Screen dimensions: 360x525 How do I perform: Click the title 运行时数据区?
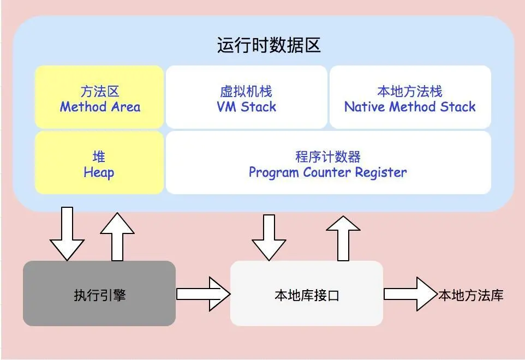coord(269,46)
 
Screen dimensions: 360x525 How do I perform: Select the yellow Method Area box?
coord(99,97)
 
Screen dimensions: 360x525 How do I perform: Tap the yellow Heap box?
coord(99,163)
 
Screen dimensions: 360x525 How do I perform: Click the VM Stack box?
coord(246,97)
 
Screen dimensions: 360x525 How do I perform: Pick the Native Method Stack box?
coord(410,97)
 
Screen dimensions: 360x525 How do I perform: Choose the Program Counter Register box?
coord(328,163)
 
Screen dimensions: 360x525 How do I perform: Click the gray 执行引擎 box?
coord(99,293)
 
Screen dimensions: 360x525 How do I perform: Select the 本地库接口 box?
coord(307,293)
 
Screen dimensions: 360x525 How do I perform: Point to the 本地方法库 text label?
coord(470,296)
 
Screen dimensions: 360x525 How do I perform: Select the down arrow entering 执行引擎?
coord(67,235)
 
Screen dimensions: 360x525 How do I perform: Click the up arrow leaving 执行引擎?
coord(117,236)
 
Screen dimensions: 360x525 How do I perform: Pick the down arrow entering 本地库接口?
coord(269,237)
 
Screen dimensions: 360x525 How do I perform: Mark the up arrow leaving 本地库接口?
coord(343,237)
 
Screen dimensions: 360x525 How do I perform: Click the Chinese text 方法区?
coord(99,91)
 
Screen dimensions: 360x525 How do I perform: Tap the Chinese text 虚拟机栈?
coord(246,91)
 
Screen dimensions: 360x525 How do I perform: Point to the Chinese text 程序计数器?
coord(328,157)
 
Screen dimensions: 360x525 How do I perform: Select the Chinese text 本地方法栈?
coord(410,91)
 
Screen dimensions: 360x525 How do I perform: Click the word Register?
coord(381,173)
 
